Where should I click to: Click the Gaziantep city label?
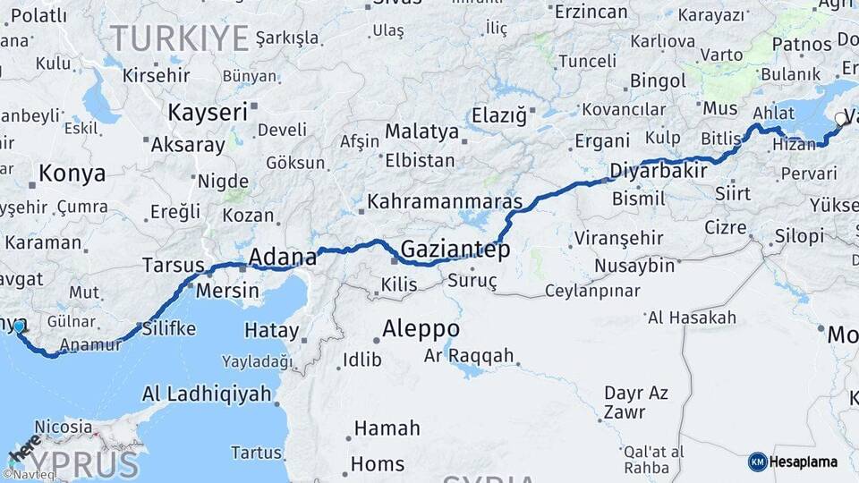click(455, 250)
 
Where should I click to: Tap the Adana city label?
click(282, 258)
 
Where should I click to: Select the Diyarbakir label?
click(659, 171)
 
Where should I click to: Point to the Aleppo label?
click(421, 329)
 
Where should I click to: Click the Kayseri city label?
click(208, 113)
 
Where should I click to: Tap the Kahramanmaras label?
click(444, 202)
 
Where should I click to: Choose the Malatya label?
click(421, 131)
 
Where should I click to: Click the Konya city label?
click(72, 174)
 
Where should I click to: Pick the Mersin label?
click(227, 291)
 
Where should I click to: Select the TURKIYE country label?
click(178, 38)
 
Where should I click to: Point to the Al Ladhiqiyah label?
click(207, 394)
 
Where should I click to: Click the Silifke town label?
click(168, 328)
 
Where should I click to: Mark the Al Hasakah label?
click(692, 318)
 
